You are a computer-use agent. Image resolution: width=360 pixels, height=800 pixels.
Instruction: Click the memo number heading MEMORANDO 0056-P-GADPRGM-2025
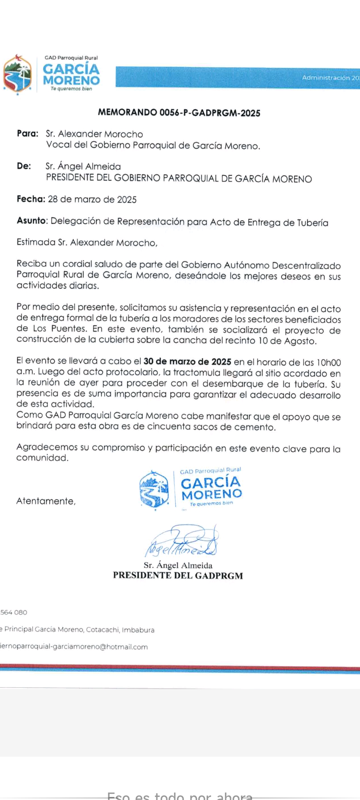[179, 113]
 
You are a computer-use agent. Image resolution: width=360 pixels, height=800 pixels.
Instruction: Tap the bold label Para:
[28, 133]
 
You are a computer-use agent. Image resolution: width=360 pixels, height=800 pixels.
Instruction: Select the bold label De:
[24, 166]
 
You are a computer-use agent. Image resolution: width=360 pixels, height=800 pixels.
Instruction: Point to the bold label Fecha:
[31, 199]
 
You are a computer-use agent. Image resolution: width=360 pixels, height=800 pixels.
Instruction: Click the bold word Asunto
[31, 221]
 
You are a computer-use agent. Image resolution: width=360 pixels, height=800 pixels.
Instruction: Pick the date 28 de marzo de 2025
[92, 199]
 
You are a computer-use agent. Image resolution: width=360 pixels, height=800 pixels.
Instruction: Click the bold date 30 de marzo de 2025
[187, 362]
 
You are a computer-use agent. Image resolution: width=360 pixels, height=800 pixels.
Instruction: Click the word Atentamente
[46, 501]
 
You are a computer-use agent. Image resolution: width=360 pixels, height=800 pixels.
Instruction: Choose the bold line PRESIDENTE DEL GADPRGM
[178, 576]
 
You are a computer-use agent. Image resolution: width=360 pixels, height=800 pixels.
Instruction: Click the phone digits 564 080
[14, 612]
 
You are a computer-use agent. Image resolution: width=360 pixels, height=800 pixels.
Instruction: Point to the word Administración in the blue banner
[326, 78]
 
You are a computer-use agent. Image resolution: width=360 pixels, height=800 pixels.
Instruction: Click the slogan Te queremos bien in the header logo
[71, 89]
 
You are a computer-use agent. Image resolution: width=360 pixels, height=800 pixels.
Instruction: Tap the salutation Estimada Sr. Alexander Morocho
[87, 242]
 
